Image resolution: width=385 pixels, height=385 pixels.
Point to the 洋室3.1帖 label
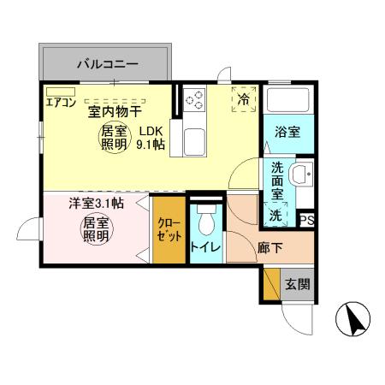point(96,204)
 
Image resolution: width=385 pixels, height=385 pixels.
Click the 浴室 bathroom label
point(287,132)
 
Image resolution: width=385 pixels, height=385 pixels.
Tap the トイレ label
point(205,248)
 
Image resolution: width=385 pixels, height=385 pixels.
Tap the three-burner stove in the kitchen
point(194,99)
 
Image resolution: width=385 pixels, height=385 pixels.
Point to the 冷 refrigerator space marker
point(243,99)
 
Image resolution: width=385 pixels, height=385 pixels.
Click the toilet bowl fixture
point(205,221)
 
